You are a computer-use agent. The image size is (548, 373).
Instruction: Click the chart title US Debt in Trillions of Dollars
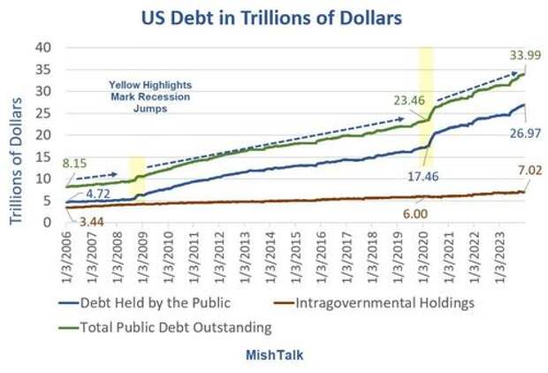(x=273, y=16)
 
